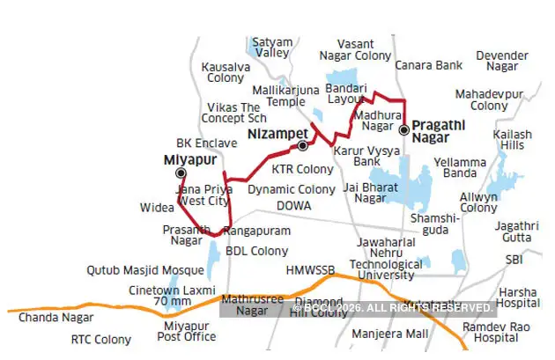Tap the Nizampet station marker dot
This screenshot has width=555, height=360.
tap(302, 145)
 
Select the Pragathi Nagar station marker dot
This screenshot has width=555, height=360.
tap(403, 129)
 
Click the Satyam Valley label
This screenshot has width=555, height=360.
tap(270, 47)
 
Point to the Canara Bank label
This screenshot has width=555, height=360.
tap(429, 65)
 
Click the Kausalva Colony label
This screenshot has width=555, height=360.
tap(226, 72)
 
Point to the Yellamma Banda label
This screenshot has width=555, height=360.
tap(459, 167)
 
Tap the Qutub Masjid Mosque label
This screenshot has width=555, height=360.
tap(146, 271)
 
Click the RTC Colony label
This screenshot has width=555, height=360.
tap(100, 340)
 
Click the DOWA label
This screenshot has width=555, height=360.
tap(293, 205)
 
